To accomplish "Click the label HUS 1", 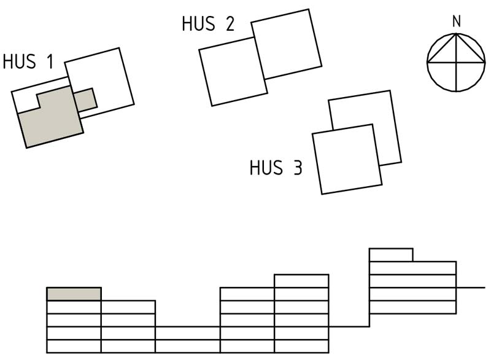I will pos(28,62).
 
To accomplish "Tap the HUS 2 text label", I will pos(207,24).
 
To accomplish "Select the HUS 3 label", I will pos(276,168).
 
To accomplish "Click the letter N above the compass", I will pos(456,22).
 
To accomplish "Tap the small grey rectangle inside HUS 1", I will pos(85,100).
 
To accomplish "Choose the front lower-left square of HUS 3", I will pos(346,159).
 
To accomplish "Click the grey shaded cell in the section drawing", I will pos(74,294).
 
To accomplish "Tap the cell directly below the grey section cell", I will pos(74,307).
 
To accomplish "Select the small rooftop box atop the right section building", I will pos(390,255).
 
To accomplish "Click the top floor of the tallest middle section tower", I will pos(301,281).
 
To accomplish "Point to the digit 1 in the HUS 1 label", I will pos(47,62).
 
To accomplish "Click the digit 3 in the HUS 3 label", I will pos(297,168).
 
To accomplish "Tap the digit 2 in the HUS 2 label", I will pos(229,24).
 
